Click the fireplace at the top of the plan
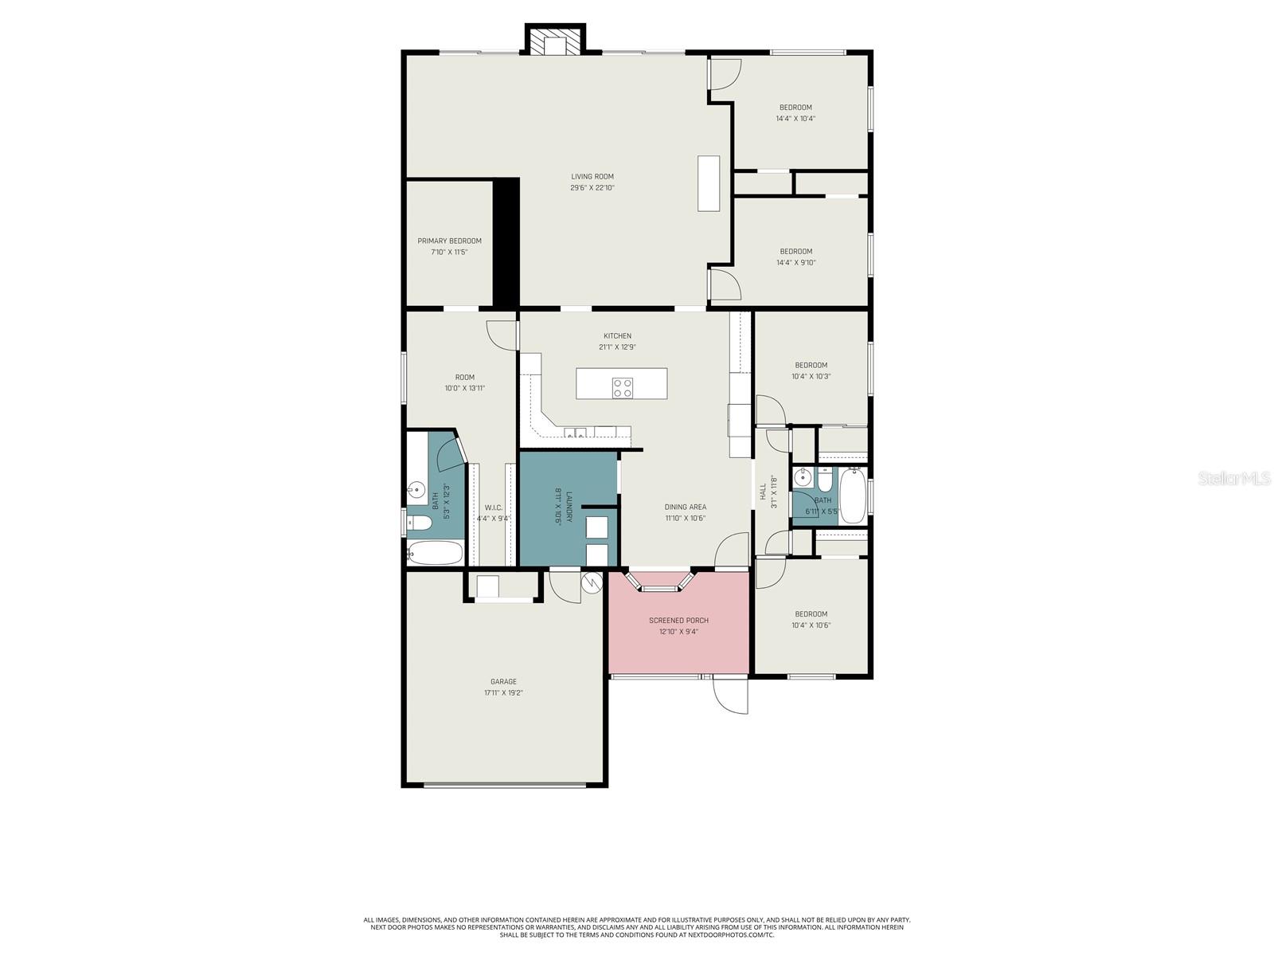[x=556, y=42]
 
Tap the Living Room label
[x=592, y=177]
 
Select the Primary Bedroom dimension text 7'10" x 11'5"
[x=449, y=253]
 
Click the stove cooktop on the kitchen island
[x=623, y=388]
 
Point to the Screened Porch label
[x=678, y=621]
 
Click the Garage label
[x=503, y=682]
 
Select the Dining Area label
[x=685, y=507]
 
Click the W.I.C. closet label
[x=493, y=507]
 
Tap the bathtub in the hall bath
[x=852, y=496]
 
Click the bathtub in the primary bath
[x=435, y=552]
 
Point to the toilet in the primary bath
[x=419, y=523]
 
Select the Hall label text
[x=763, y=491]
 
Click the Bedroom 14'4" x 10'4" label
[x=795, y=108]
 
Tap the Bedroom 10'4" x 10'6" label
[x=811, y=614]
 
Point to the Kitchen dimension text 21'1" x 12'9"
[x=617, y=347]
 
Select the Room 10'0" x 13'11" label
[x=464, y=378]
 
